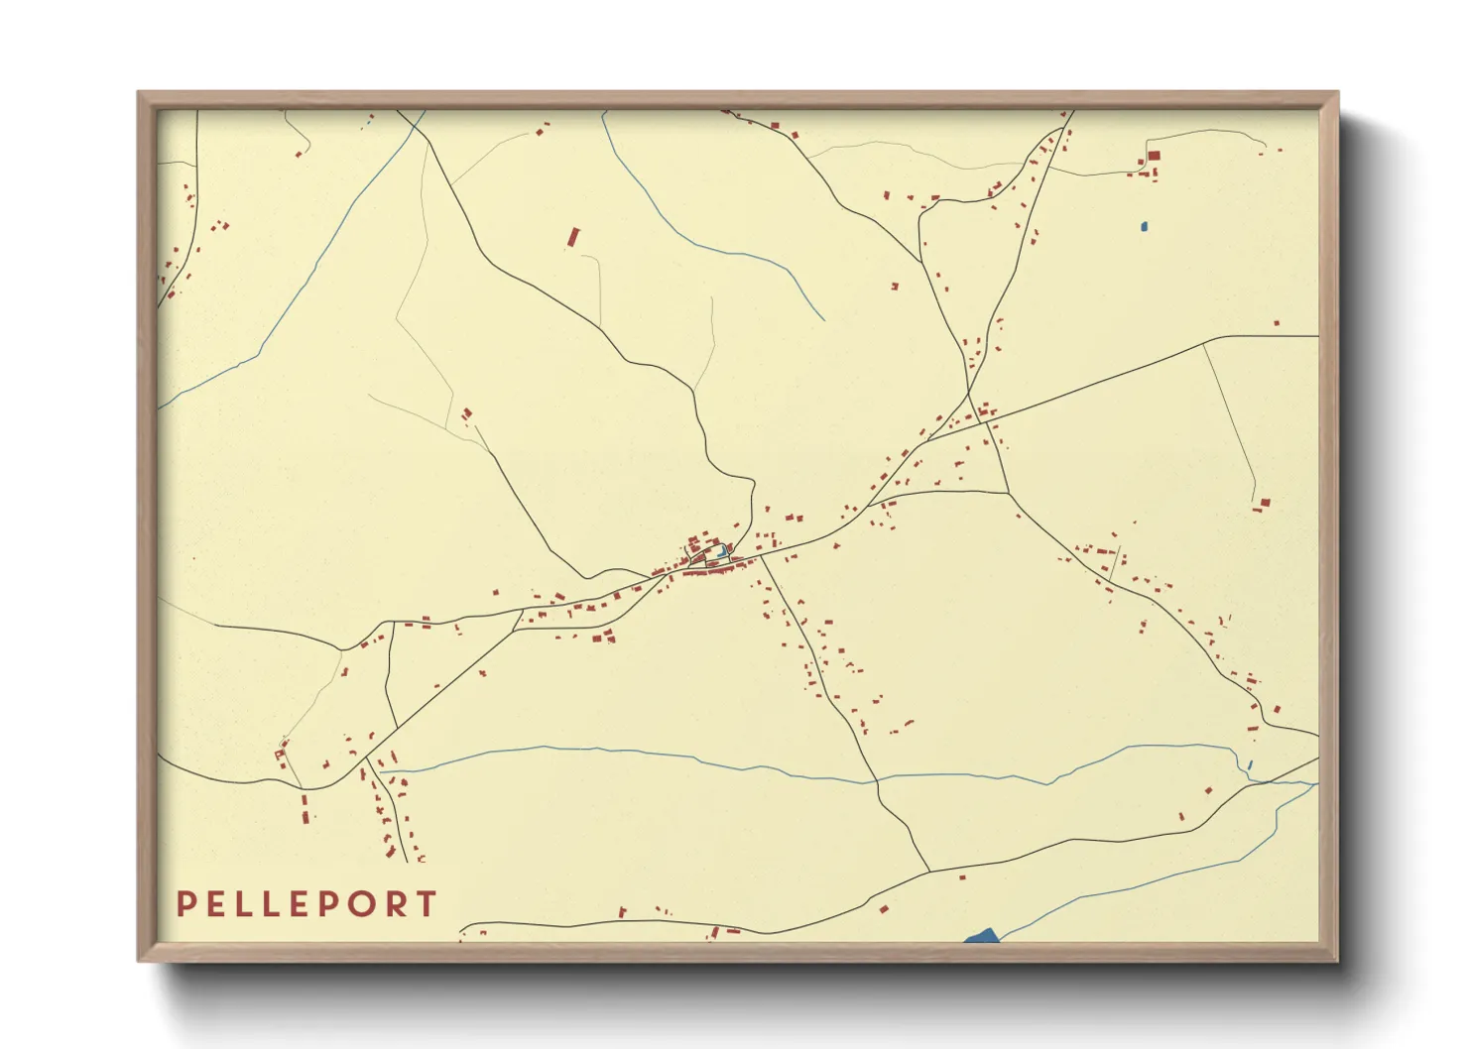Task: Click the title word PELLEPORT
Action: click(306, 904)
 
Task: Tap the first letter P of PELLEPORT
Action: click(184, 904)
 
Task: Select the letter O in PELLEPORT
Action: click(365, 904)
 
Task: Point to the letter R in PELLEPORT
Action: click(397, 904)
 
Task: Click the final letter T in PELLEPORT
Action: click(427, 904)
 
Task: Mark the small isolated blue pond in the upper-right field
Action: click(1144, 227)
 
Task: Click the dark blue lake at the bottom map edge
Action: click(981, 936)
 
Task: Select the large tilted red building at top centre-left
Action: click(572, 238)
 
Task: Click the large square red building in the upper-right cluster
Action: click(1154, 157)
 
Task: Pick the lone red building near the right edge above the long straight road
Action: click(1277, 323)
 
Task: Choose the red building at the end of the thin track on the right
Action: click(1263, 504)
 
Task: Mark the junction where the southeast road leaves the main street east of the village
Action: click(761, 558)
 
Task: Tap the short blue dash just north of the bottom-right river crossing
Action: click(1250, 764)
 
